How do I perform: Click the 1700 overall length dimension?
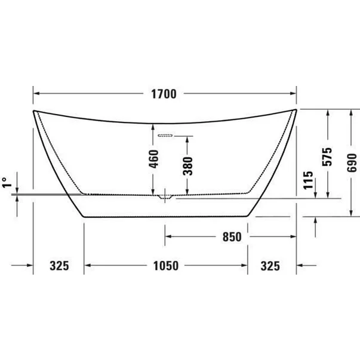point(164,94)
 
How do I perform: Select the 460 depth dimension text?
point(154,159)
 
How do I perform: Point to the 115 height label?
point(308,179)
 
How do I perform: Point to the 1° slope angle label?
point(6,183)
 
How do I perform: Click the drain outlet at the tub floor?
point(165,196)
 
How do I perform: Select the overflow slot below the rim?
point(165,135)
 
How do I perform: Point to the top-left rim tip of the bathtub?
point(33,110)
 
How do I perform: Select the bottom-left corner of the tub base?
point(84,216)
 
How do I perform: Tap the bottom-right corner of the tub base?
point(247,216)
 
